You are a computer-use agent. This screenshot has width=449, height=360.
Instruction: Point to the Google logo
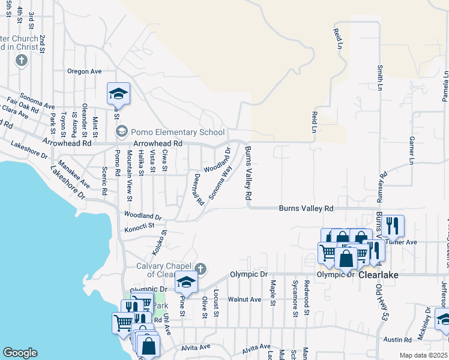click(x=20, y=353)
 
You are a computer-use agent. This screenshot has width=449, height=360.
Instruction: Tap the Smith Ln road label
click(x=380, y=78)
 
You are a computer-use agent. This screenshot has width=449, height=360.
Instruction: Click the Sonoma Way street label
click(x=220, y=182)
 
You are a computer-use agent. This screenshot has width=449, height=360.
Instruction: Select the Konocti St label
click(x=140, y=229)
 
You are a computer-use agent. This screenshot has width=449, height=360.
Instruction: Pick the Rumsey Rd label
click(x=383, y=188)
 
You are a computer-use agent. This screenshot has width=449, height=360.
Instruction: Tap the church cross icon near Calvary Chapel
click(x=201, y=268)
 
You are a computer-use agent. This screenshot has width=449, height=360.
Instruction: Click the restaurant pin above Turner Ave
click(x=393, y=225)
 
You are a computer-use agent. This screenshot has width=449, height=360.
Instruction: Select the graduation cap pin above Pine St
click(x=186, y=283)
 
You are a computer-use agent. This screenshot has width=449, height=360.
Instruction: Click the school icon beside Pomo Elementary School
click(x=121, y=131)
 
